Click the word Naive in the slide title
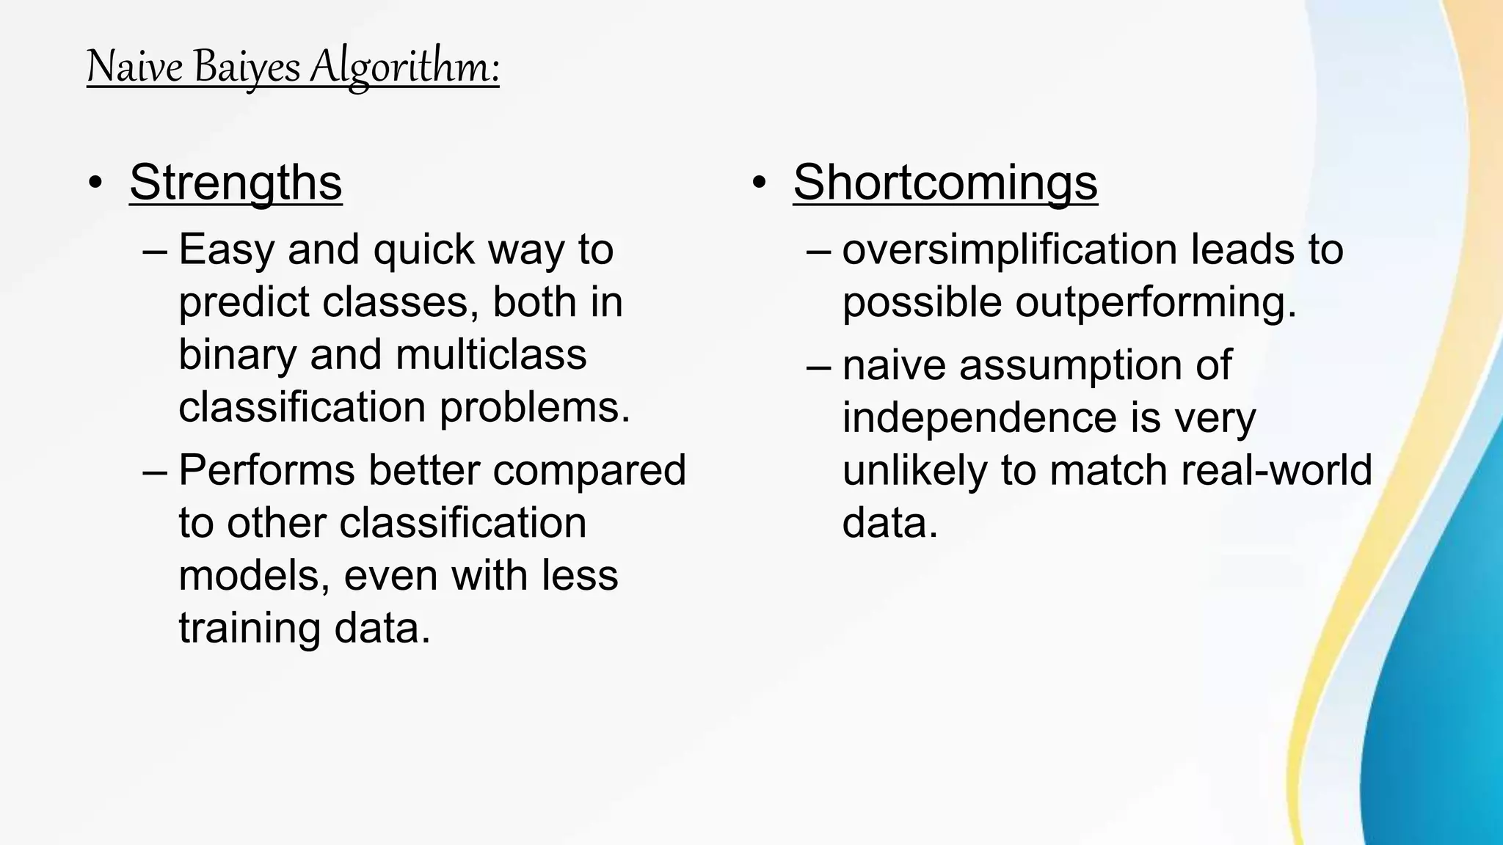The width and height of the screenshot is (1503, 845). pyautogui.click(x=134, y=67)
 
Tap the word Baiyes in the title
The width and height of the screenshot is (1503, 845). pyautogui.click(x=247, y=67)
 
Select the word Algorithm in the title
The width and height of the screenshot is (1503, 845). pyautogui.click(x=404, y=67)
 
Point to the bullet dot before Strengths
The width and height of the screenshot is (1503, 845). pyautogui.click(x=95, y=183)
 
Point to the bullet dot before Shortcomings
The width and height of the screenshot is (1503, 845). pyautogui.click(x=759, y=183)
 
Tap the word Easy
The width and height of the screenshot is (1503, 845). pyautogui.click(x=227, y=249)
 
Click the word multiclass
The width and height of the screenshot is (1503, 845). pyautogui.click(x=491, y=355)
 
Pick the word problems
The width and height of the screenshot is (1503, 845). pyautogui.click(x=535, y=407)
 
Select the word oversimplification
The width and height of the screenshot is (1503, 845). pyautogui.click(x=1010, y=249)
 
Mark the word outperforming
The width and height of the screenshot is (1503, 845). pyautogui.click(x=1156, y=302)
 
